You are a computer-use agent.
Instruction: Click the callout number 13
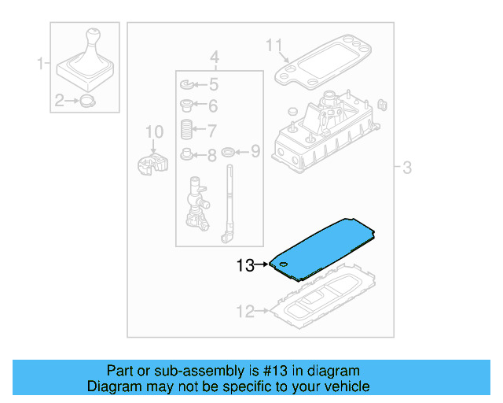(245, 266)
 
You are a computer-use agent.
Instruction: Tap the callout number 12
(245, 312)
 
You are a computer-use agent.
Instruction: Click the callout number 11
(273, 45)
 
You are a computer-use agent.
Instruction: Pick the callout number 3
(406, 168)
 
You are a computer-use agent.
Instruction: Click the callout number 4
(213, 57)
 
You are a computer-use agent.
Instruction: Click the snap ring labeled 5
(186, 84)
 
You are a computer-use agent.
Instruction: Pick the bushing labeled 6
(186, 105)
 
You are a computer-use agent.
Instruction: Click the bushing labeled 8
(186, 153)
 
